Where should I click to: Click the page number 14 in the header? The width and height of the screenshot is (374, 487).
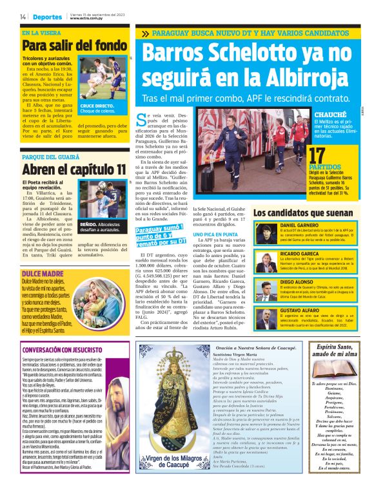[23, 16]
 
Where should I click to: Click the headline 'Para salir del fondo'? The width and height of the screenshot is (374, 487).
[74, 46]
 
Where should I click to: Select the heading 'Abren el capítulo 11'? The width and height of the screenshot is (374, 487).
[74, 169]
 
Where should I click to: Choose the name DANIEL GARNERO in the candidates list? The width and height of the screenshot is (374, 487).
[296, 225]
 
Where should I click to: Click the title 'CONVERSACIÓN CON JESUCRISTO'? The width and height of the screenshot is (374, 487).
[64, 352]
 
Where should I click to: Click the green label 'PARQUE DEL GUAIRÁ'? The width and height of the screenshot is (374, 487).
[51, 156]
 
